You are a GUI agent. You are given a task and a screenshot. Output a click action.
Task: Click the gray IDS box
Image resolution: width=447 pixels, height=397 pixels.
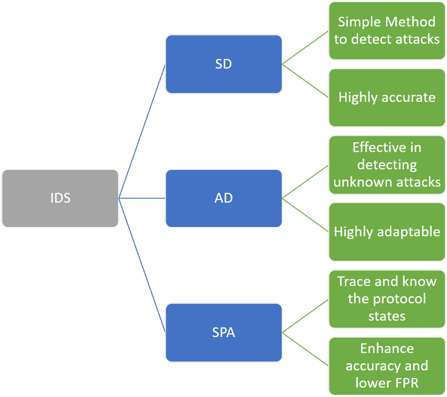(60, 198)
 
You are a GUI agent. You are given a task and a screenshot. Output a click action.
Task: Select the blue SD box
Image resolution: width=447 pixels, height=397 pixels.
(223, 64)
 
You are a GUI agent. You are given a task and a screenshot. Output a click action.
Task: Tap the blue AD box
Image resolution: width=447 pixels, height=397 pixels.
(223, 198)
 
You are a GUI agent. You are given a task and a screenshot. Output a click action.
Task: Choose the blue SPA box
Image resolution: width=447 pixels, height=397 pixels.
(223, 333)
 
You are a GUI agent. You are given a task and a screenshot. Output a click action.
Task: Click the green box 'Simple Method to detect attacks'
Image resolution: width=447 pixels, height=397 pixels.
(387, 31)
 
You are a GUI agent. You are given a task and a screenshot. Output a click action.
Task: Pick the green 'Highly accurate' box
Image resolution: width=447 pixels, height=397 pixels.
(387, 98)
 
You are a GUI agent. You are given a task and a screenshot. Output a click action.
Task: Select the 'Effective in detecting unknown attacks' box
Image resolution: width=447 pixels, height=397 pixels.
(387, 165)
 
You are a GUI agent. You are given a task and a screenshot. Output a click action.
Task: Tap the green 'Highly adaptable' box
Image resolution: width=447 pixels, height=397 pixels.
(387, 232)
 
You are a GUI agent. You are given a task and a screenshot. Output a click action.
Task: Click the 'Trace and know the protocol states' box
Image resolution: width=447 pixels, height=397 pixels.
(387, 299)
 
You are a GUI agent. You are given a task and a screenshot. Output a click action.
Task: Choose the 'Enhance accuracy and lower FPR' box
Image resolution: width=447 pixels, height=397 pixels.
(387, 366)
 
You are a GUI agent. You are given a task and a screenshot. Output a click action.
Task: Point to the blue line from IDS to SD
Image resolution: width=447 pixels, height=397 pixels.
(142, 131)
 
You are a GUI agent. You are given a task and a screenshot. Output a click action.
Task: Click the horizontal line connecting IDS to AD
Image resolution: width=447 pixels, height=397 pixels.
(142, 198)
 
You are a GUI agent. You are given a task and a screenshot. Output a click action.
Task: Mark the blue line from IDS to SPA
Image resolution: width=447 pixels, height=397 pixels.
(142, 265)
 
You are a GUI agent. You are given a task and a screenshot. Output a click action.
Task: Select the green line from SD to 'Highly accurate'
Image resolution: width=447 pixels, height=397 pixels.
(305, 81)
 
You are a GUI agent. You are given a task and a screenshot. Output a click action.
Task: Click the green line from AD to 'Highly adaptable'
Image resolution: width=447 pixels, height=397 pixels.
(305, 215)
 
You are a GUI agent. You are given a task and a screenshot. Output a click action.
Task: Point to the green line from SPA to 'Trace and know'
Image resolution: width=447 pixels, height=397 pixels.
(305, 316)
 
